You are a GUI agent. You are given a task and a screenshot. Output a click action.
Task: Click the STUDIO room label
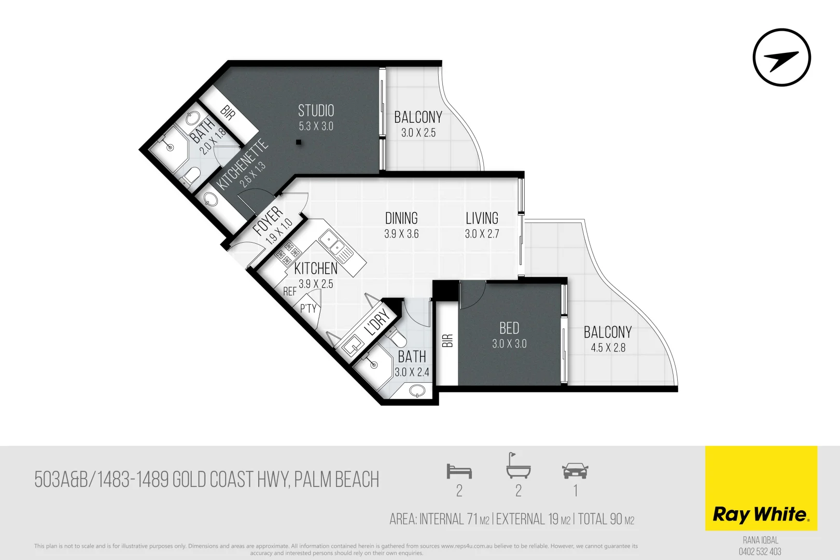[x=316, y=110]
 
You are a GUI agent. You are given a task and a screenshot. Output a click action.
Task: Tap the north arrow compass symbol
[x=781, y=57]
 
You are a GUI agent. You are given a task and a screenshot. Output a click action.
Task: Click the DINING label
[x=401, y=218]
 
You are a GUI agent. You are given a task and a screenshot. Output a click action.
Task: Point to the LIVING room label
[x=482, y=218]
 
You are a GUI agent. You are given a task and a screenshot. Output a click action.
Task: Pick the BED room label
[x=509, y=328]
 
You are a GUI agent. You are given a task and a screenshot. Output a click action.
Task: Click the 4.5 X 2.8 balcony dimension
[x=608, y=348]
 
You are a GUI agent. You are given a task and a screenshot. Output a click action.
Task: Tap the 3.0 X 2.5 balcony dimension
[x=418, y=133]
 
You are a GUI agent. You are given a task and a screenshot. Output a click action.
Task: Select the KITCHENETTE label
[x=242, y=164]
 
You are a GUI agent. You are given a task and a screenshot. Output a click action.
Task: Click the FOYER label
[x=268, y=220]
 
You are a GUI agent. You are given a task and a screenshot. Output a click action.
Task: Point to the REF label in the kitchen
[x=290, y=292]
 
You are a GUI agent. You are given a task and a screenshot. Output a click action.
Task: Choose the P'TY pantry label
[x=308, y=309]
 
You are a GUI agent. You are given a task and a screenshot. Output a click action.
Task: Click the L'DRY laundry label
[x=377, y=322]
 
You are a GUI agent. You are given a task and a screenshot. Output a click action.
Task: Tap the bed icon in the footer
[x=459, y=471]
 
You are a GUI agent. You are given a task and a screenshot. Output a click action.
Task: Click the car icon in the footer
[x=575, y=471]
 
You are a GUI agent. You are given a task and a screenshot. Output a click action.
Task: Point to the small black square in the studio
[x=299, y=142]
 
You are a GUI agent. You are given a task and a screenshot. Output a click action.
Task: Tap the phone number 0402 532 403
[x=760, y=552]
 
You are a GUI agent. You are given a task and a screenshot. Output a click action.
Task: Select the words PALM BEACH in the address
[x=337, y=480]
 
